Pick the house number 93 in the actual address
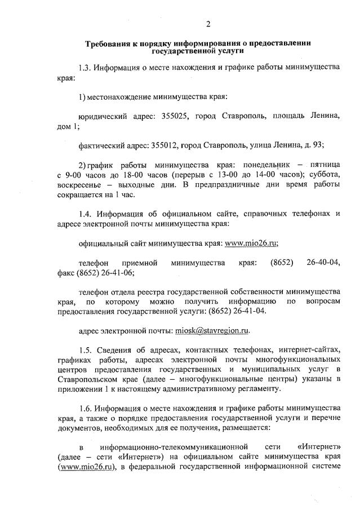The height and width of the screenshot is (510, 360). point(318,145)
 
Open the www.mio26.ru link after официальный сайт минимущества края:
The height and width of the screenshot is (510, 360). point(251,243)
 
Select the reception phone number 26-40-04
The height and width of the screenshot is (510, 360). point(323,263)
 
